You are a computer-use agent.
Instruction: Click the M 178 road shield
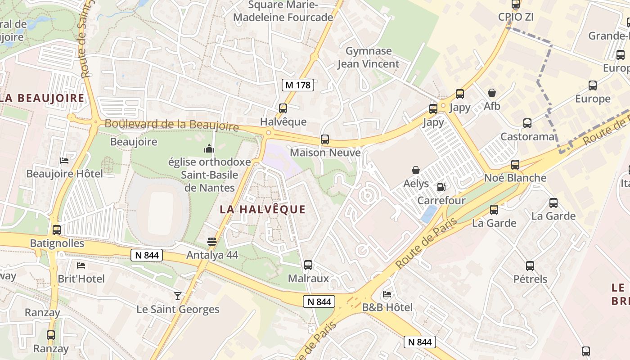click(x=298, y=85)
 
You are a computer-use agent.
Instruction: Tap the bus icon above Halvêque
click(x=283, y=108)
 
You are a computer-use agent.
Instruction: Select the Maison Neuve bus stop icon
click(x=325, y=139)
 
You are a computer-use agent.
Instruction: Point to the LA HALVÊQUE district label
click(x=263, y=209)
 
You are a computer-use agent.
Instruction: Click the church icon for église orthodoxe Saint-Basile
click(x=209, y=148)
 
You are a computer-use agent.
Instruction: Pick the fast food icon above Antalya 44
click(x=212, y=242)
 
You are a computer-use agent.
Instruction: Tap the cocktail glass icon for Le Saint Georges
click(x=178, y=296)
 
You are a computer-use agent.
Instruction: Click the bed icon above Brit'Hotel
click(x=81, y=265)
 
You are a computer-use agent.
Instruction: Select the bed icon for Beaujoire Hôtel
click(x=64, y=160)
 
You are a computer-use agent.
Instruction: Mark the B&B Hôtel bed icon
click(x=387, y=294)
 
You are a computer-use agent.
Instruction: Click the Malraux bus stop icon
click(x=308, y=265)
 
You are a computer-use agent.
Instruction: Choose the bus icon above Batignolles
click(x=57, y=230)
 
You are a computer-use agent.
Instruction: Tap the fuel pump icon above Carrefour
click(x=441, y=187)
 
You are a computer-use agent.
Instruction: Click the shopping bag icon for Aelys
click(x=416, y=170)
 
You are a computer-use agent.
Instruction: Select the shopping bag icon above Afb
click(x=492, y=93)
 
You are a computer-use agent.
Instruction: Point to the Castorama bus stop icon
click(x=527, y=123)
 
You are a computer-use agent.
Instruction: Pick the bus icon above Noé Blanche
click(x=515, y=165)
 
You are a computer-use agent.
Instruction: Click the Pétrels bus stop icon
click(x=530, y=265)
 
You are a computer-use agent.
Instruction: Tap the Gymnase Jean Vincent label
click(x=369, y=57)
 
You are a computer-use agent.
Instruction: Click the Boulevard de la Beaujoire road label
click(x=171, y=125)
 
